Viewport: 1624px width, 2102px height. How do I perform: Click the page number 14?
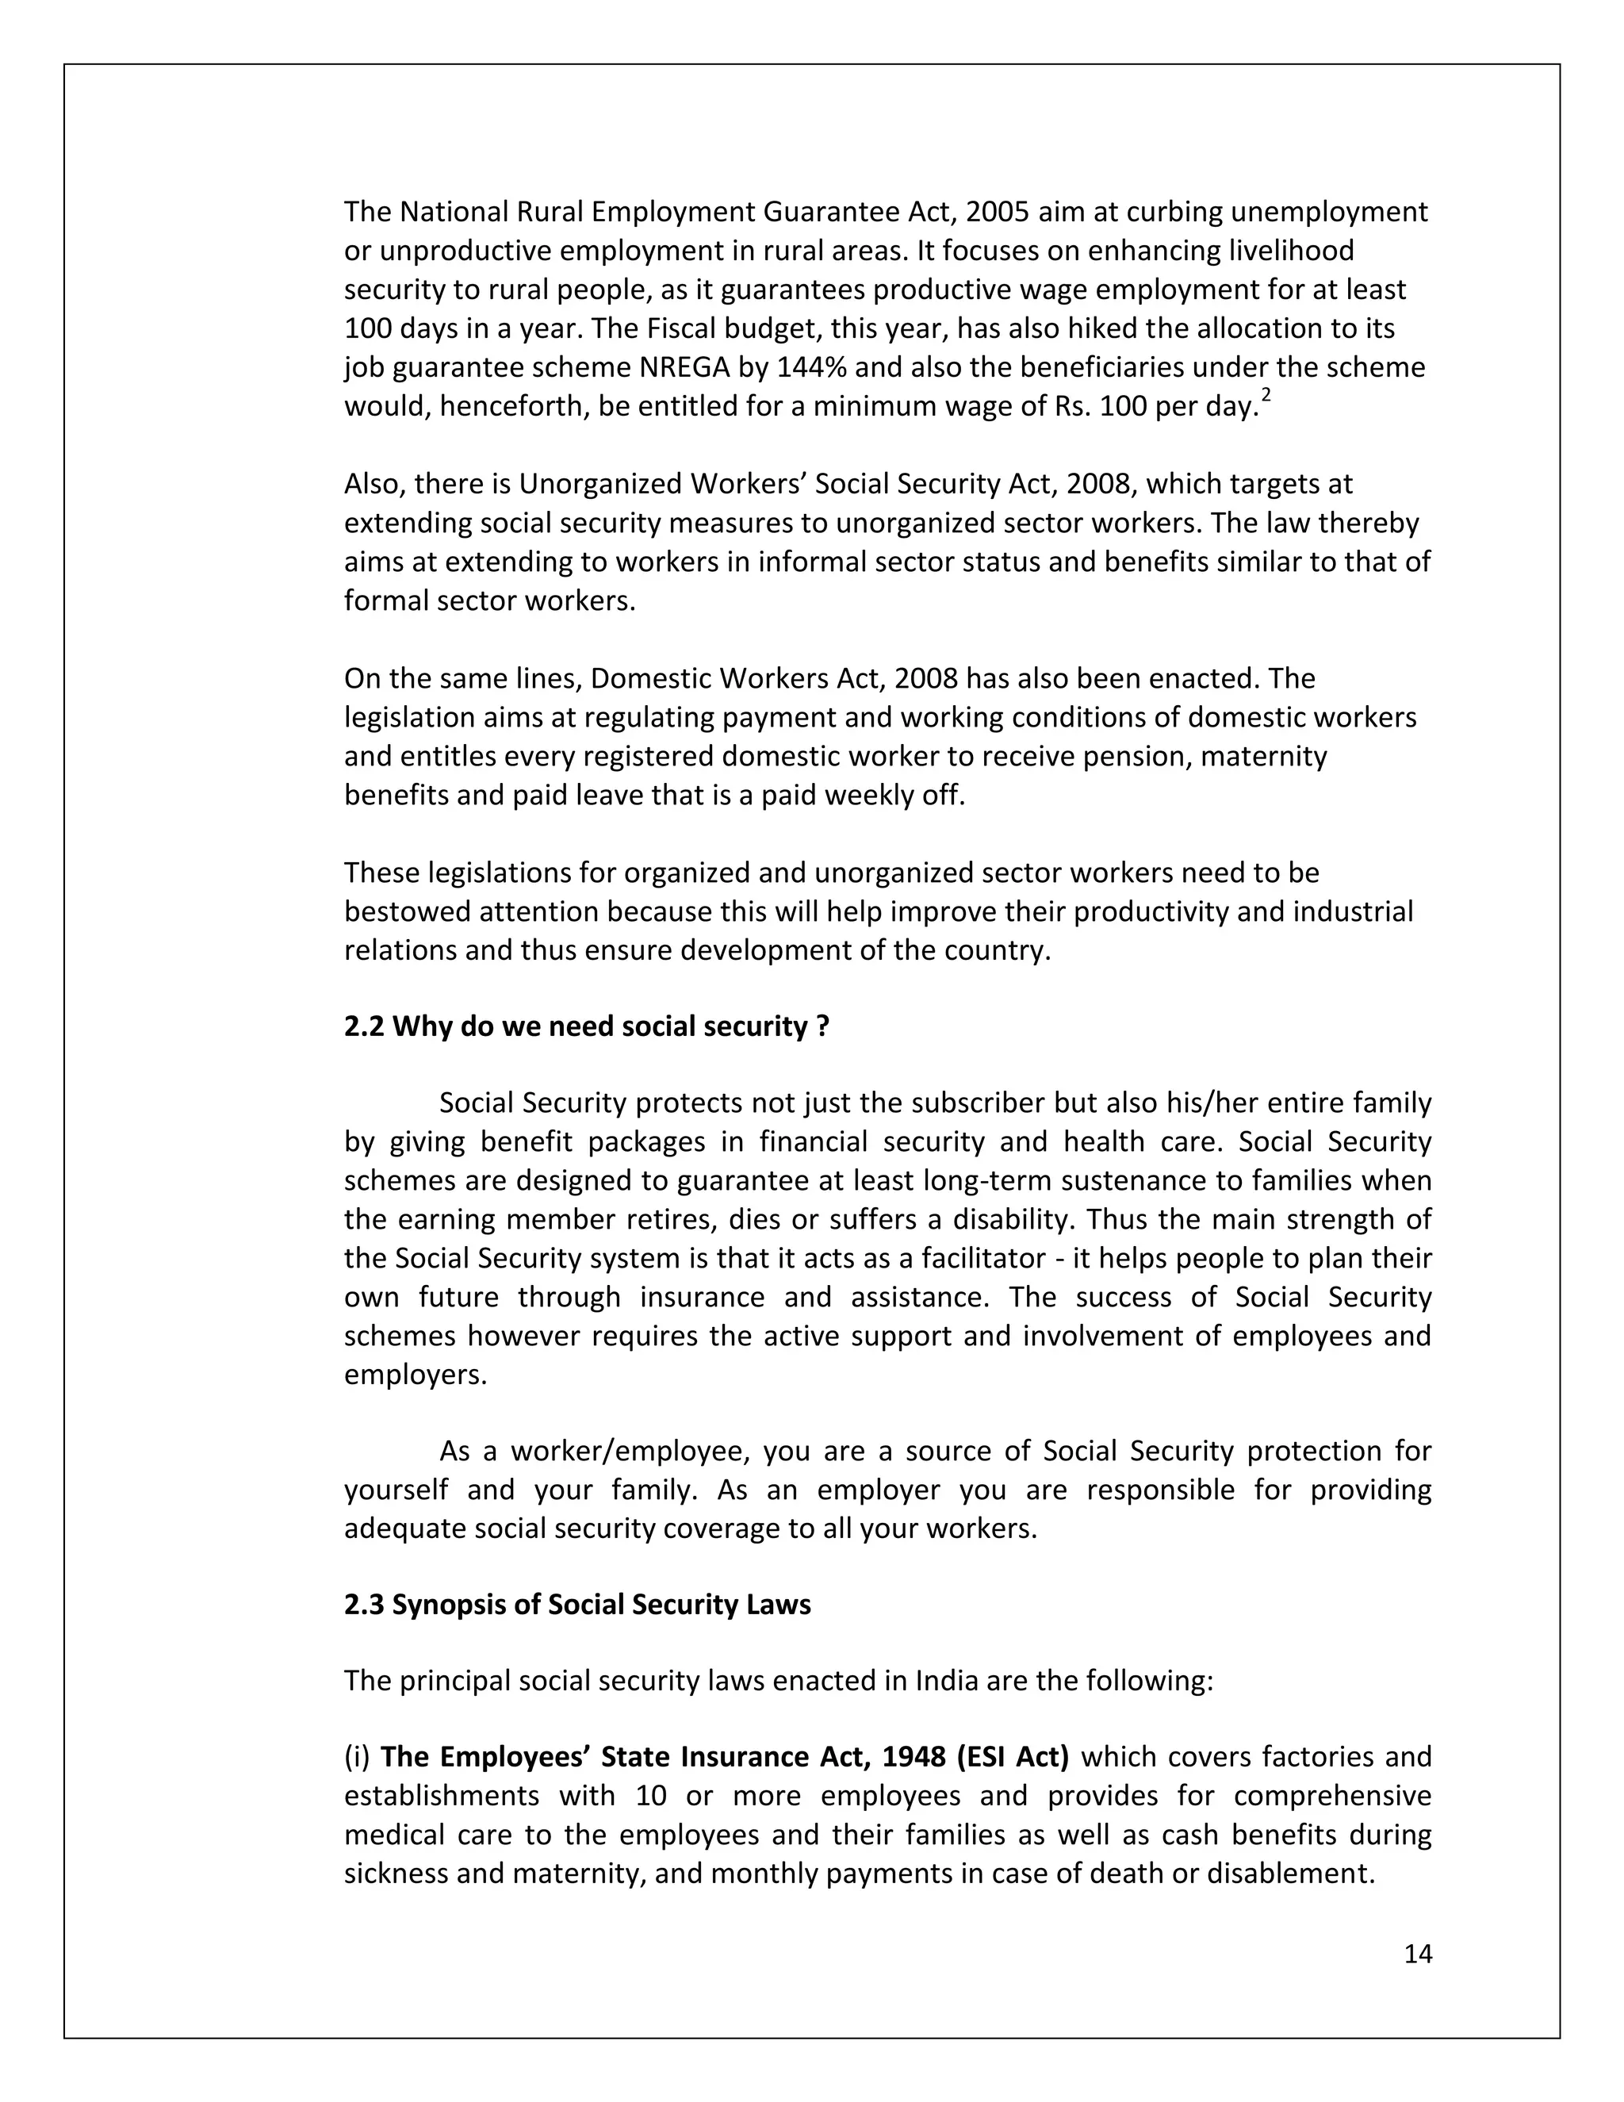[1417, 1953]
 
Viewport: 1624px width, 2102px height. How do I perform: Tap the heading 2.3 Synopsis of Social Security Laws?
[577, 1605]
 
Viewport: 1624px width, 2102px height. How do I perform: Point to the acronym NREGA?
[685, 368]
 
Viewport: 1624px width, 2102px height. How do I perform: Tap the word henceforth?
[514, 407]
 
